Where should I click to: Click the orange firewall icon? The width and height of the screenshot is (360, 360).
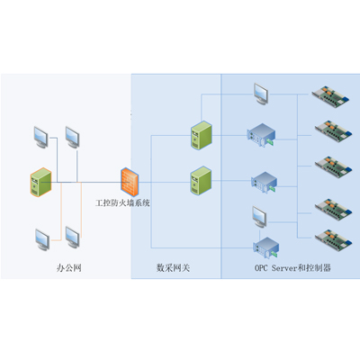click(130, 182)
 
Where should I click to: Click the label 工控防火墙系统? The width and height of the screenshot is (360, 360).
click(122, 203)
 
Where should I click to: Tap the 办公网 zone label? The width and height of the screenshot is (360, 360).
click(69, 267)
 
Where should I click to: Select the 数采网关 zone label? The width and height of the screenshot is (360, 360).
click(173, 267)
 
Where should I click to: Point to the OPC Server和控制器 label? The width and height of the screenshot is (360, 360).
click(292, 267)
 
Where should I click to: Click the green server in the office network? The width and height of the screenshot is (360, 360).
click(40, 183)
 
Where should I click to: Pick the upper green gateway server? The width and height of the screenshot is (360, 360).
click(202, 135)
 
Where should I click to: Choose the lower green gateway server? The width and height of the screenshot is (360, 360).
click(202, 181)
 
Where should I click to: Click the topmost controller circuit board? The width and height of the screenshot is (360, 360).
click(330, 95)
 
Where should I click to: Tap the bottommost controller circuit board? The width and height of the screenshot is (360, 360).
click(333, 240)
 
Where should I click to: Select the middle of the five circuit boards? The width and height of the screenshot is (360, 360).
click(333, 166)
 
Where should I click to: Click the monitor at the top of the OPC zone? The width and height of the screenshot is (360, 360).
click(261, 94)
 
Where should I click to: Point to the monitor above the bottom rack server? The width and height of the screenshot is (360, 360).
click(259, 217)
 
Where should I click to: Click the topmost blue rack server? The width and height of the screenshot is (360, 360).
click(261, 135)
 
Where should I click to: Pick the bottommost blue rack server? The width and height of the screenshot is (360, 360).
click(266, 247)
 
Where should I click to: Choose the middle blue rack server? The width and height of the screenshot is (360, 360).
click(265, 183)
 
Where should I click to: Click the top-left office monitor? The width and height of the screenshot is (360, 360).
click(40, 138)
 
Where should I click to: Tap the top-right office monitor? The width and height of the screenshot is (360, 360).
click(72, 138)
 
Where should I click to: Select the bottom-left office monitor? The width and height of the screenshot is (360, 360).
click(42, 239)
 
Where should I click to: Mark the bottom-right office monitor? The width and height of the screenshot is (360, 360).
click(73, 238)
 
